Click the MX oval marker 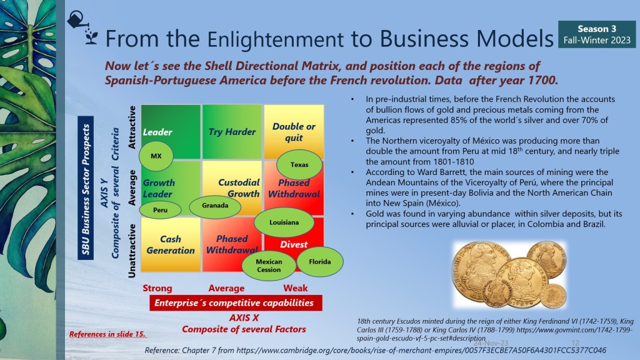point(156,156)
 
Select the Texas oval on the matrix point(299,164)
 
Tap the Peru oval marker point(160,210)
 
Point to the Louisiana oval point(284,222)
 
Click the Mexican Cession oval point(269,265)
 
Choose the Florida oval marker point(319,262)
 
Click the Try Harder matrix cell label point(232,132)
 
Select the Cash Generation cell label point(171,244)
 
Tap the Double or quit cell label point(294,132)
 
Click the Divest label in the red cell point(294,244)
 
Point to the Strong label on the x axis point(157,288)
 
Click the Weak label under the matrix point(295,288)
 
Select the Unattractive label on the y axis point(131,251)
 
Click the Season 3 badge point(597,34)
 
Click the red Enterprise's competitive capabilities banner point(236,303)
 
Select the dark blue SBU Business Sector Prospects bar point(85,188)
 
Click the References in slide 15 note point(107,334)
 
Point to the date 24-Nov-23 point(491,343)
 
